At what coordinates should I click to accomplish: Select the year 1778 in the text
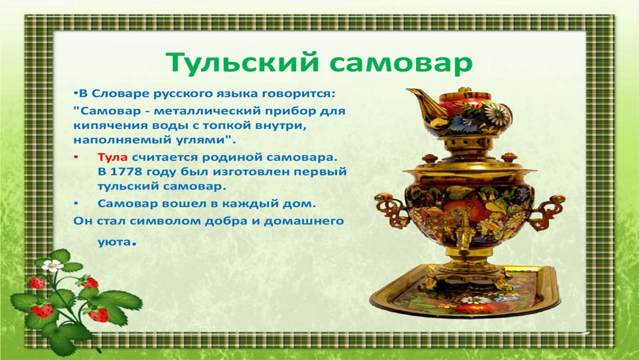click(x=124, y=172)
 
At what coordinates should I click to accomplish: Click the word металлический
click(x=208, y=111)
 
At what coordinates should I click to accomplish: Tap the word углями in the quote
click(x=203, y=140)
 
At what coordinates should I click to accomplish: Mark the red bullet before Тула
click(x=76, y=157)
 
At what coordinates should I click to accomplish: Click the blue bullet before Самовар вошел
click(x=76, y=204)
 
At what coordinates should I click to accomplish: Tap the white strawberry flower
click(x=53, y=265)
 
